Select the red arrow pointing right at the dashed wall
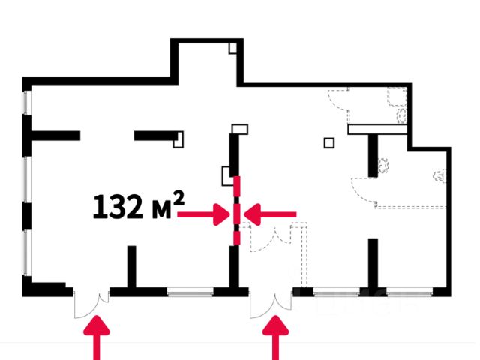click(203, 216)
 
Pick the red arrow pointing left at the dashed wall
click(271, 216)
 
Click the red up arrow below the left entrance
click(95, 338)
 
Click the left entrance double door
click(91, 301)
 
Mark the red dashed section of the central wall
click(236, 210)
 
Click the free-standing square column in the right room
click(328, 142)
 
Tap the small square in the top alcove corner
click(233, 48)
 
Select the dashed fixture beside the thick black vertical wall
click(384, 165)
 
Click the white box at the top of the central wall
click(239, 130)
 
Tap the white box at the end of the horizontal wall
click(178, 138)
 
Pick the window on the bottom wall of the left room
click(190, 292)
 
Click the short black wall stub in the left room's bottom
click(131, 266)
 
